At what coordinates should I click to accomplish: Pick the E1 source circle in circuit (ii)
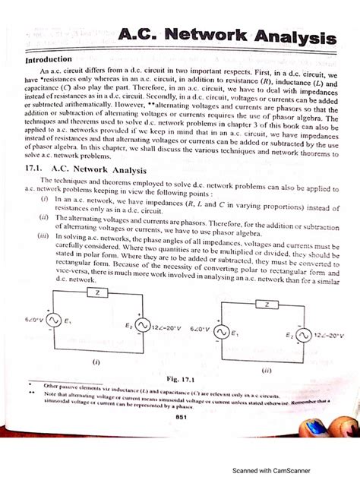tap(223, 333)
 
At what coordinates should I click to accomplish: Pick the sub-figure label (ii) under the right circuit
tap(266, 371)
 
